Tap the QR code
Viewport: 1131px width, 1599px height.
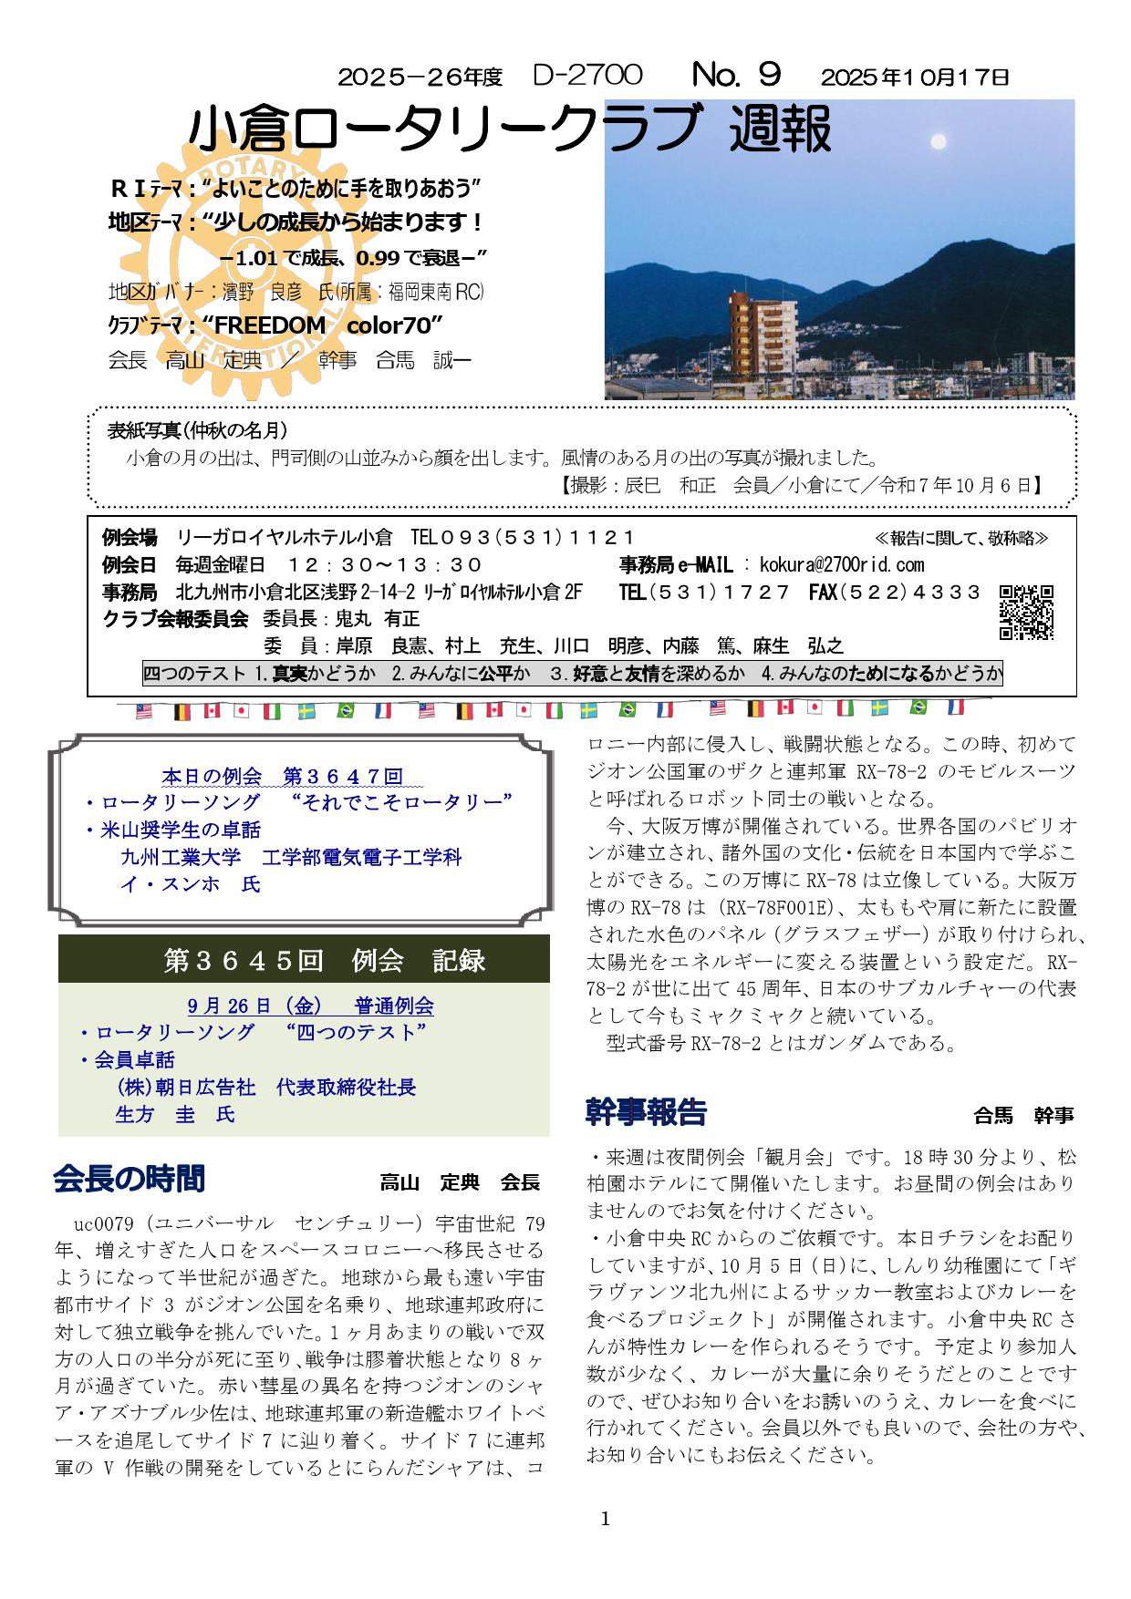pos(1026,612)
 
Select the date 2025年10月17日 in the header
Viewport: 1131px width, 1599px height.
pos(914,77)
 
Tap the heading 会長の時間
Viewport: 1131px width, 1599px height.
pos(129,1179)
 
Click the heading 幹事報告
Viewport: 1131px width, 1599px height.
pos(646,1112)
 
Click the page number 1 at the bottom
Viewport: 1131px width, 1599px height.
pos(605,1517)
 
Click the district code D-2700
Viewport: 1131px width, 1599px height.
pos(587,75)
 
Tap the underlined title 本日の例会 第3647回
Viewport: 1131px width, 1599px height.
pos(282,777)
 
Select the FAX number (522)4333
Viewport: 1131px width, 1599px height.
pos(895,593)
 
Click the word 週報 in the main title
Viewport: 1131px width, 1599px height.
pos(781,130)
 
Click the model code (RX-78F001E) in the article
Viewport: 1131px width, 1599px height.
pos(783,907)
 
